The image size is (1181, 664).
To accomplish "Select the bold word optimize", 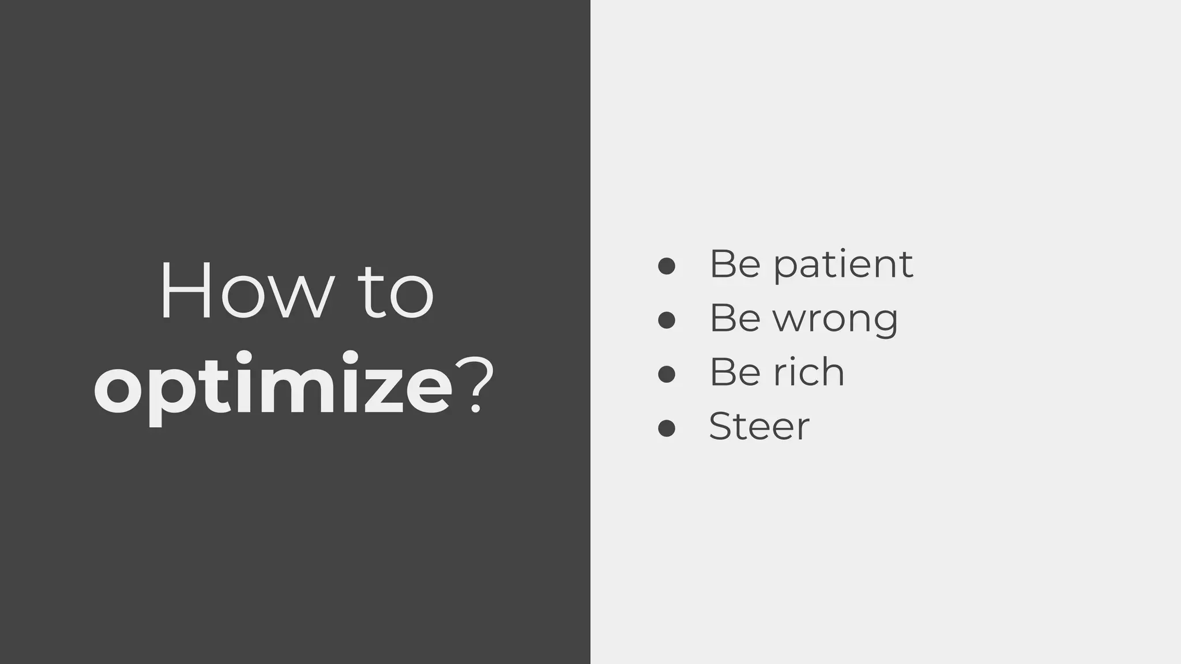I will tap(273, 385).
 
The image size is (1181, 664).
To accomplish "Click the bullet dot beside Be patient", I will tap(667, 266).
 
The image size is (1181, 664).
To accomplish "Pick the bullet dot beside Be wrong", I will tap(667, 320).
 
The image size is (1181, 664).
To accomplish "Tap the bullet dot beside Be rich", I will tap(667, 374).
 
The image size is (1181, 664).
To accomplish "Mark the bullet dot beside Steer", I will tap(667, 428).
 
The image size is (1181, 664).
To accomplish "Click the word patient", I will tap(843, 265).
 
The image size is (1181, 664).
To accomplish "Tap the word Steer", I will tap(759, 427).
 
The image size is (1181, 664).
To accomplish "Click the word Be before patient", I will tap(735, 265).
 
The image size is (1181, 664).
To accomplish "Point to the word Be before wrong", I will tap(735, 319).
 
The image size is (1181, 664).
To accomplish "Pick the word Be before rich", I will tap(735, 372).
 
